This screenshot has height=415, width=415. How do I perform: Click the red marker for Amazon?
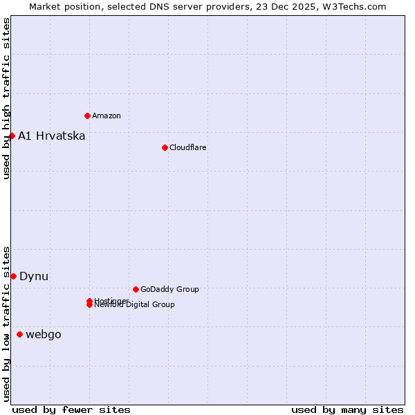[x=87, y=116]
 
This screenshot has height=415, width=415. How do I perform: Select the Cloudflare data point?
[x=165, y=147]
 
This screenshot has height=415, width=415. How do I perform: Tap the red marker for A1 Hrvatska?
[x=12, y=136]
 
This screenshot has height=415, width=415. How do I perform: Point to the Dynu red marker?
[x=13, y=276]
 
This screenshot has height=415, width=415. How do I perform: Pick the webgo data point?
[x=19, y=335]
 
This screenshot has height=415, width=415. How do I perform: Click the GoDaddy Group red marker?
[x=136, y=289]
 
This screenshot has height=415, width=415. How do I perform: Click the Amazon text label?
[x=106, y=116]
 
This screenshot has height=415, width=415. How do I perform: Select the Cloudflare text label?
[x=187, y=147]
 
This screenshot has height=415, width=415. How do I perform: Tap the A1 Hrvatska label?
[x=52, y=136]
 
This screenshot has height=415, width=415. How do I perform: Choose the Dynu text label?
[x=34, y=276]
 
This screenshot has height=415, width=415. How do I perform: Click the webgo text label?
[x=44, y=335]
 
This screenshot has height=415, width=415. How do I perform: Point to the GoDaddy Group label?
[x=169, y=289]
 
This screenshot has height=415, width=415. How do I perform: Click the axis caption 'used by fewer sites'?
[x=71, y=409]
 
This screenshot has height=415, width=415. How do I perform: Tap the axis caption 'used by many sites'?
[x=347, y=409]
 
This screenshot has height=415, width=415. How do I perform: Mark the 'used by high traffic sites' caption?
[x=6, y=98]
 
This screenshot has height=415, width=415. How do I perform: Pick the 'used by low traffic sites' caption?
[x=6, y=324]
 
